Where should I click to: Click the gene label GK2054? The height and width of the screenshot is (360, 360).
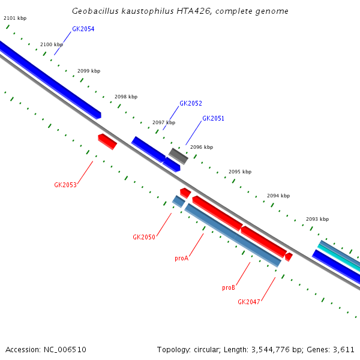(x=83, y=29)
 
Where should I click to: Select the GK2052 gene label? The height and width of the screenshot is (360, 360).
(x=191, y=103)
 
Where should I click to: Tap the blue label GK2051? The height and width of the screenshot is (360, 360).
(x=213, y=118)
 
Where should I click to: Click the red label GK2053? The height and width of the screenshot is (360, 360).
(x=65, y=185)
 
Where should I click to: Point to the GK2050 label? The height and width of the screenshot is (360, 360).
(x=144, y=237)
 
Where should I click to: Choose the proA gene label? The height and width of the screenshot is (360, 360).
(x=181, y=258)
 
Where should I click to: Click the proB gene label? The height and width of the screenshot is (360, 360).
(x=229, y=287)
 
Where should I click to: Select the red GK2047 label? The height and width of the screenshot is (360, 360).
(x=249, y=302)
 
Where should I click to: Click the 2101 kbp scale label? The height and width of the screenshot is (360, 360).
(x=15, y=18)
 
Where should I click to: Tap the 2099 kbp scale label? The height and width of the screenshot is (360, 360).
(x=89, y=71)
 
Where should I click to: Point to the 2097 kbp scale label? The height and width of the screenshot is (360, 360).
(x=164, y=122)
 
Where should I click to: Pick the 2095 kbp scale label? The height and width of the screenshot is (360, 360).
(x=240, y=172)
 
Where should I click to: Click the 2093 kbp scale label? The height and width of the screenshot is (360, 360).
(x=317, y=219)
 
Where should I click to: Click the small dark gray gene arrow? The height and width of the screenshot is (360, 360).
(x=178, y=156)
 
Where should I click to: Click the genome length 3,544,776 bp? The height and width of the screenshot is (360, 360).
(x=269, y=349)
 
